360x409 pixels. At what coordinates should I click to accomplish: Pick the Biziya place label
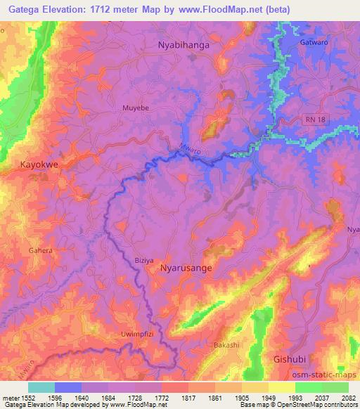(143, 260)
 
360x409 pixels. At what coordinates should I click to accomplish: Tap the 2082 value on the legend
(348, 397)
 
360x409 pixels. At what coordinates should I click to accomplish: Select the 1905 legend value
(242, 397)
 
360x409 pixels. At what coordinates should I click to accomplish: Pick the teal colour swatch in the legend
(41, 387)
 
